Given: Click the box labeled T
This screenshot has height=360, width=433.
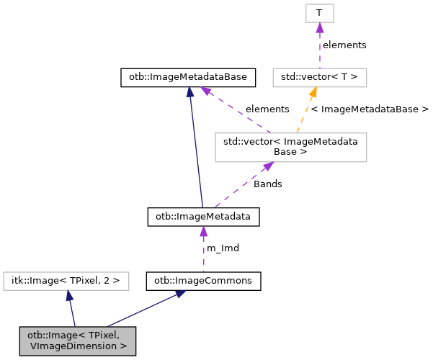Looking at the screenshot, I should pos(319,13).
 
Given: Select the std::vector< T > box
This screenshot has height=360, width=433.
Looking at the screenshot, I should pos(320,76).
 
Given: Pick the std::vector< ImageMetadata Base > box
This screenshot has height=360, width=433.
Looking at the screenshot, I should pos(291,147).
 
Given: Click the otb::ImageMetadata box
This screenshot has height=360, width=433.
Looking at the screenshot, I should pos(203,216).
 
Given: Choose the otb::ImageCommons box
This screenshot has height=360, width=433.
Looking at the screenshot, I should pos(203,281).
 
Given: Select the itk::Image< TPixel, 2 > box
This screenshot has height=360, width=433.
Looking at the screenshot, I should pos(66,281).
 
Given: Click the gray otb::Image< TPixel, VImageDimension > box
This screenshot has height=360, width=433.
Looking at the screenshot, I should pos(78,341).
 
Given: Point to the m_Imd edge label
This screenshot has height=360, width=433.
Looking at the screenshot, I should pos(223,248).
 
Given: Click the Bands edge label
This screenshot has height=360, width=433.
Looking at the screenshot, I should pos(267,184).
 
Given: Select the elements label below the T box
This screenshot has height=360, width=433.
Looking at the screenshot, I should pos(344,45).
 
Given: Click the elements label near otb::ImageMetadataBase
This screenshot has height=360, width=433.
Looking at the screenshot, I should pos(267,109).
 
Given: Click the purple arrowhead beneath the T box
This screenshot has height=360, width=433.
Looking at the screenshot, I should pos(319,27).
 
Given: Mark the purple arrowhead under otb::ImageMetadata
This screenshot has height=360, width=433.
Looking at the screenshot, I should pos(203,231).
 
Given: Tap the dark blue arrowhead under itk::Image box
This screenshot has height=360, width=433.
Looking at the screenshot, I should pos(68,295).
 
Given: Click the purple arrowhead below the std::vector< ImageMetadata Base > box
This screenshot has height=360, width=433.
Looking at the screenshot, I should pos(268,166).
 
